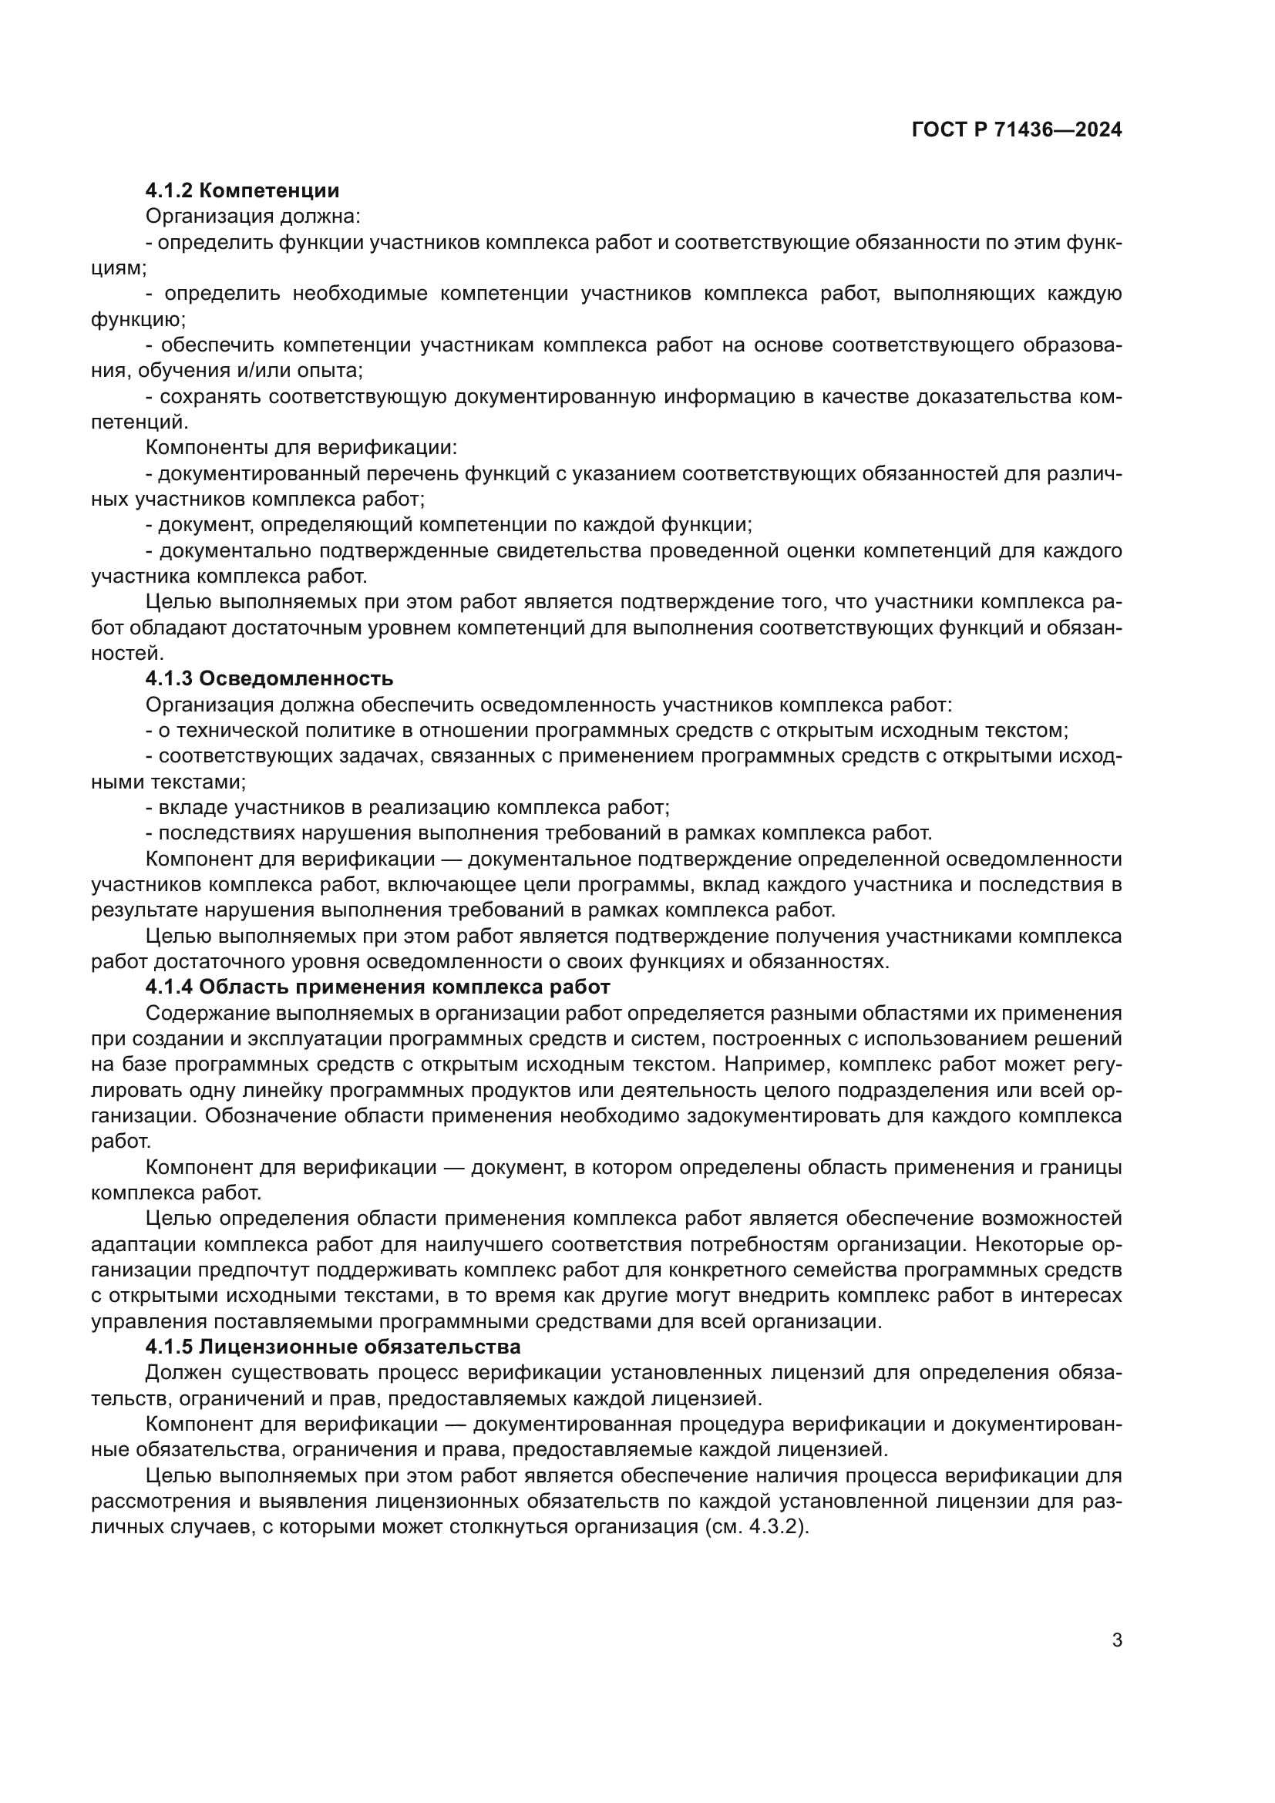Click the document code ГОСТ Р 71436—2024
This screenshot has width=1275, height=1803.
point(1017,130)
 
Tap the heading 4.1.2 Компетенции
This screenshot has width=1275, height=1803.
point(243,191)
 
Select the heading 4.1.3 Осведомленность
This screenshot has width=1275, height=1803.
point(269,678)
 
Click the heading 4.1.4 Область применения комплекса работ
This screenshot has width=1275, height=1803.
point(378,987)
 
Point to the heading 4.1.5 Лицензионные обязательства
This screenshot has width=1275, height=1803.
point(333,1347)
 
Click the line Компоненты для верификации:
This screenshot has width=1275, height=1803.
point(301,448)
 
